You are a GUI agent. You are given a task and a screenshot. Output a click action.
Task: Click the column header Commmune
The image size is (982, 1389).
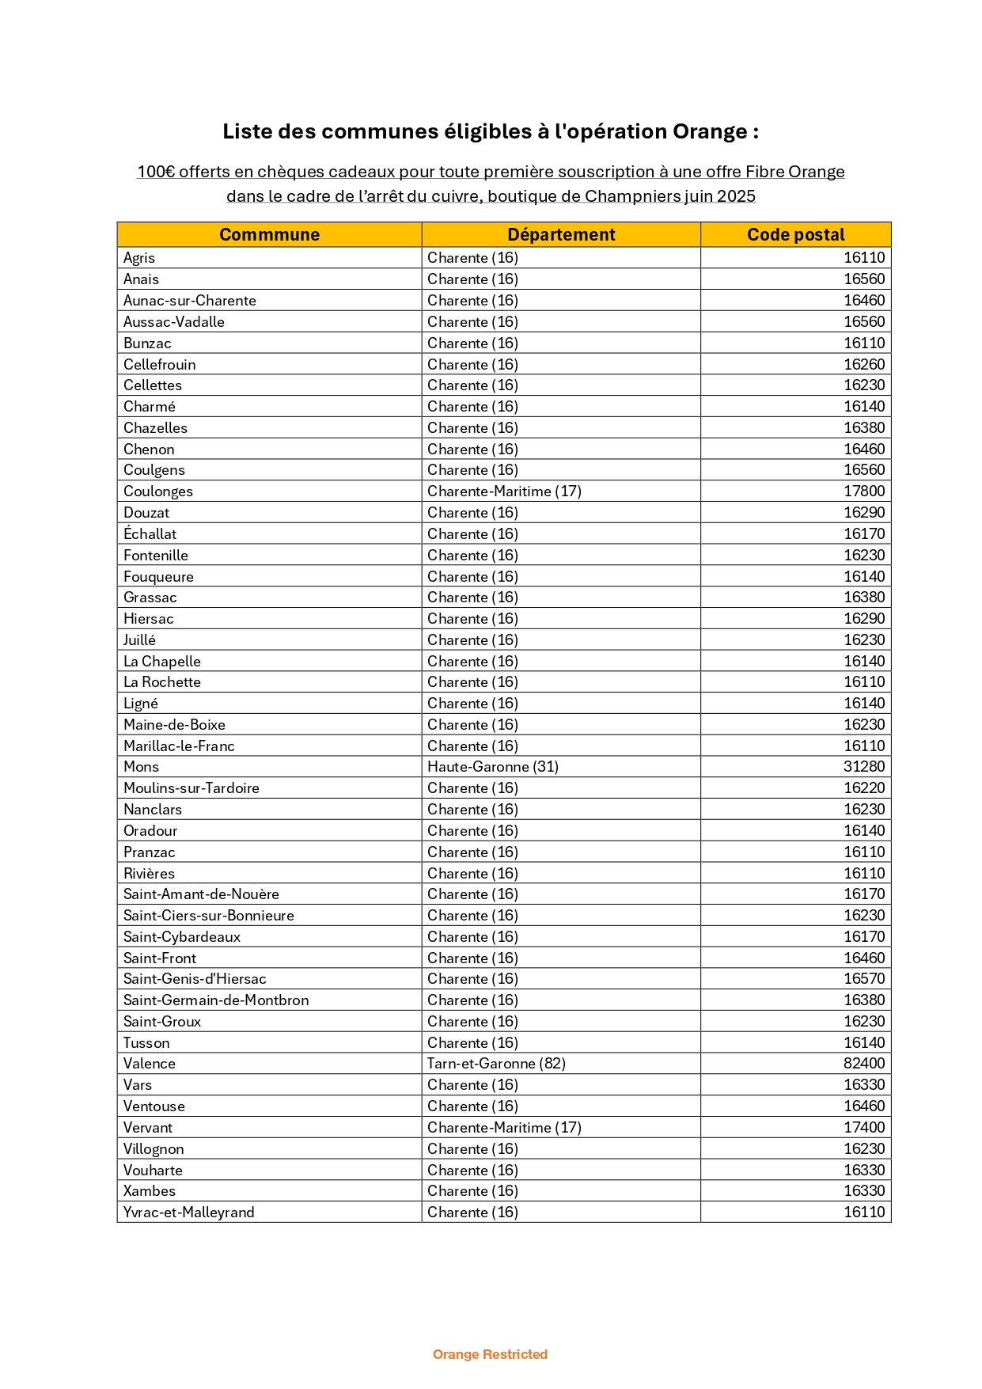pos(269,235)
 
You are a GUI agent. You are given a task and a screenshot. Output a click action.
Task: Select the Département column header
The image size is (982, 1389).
pos(561,235)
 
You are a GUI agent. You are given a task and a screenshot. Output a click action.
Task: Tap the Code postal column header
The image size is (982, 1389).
pos(795,235)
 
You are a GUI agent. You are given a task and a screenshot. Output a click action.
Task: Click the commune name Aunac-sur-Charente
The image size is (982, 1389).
pos(190,301)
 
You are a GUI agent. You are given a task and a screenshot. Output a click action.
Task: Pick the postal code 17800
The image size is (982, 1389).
pos(864,491)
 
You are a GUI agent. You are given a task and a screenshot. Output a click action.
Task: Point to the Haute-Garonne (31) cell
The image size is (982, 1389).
pos(493,767)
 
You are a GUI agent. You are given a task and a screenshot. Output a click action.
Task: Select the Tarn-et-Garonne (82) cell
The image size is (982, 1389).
pos(496,1064)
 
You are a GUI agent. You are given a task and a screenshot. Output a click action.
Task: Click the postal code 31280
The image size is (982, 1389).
pos(864,767)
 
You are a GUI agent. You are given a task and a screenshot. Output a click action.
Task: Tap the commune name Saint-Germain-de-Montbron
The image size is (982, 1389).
pos(216,1000)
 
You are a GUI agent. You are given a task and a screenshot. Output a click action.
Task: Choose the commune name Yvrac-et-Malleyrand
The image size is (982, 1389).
pos(189,1213)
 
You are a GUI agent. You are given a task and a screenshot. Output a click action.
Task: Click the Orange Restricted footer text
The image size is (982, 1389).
pos(490,1354)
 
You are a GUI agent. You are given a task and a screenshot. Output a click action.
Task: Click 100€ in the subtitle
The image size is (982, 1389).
pos(156,172)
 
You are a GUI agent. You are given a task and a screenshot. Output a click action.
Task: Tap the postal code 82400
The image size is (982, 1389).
pos(864,1064)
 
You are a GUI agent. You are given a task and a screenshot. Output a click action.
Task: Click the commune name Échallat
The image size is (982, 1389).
pos(150,534)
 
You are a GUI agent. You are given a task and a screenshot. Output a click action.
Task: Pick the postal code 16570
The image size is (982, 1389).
pos(864,979)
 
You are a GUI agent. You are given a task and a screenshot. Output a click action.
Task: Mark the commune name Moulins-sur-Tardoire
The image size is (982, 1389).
pos(191,788)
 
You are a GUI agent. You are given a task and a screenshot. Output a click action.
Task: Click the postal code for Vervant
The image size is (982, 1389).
pos(864,1128)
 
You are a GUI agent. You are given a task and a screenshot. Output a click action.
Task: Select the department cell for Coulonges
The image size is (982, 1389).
pos(504,491)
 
